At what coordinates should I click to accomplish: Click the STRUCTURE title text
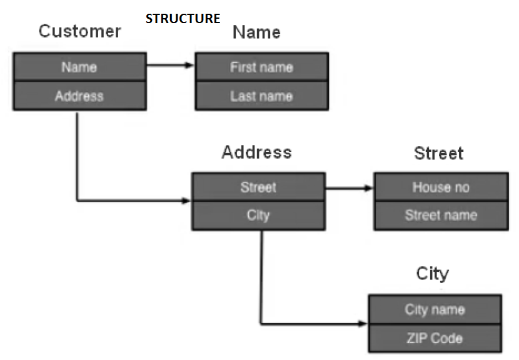183,19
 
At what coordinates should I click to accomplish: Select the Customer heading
79,31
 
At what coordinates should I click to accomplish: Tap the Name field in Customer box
79,67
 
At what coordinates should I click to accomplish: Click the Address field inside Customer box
79,96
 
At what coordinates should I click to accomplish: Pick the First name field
261,67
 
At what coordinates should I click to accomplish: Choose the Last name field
261,96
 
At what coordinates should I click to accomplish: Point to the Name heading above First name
256,32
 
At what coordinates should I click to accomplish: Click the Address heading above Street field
256,152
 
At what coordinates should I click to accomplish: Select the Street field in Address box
258,187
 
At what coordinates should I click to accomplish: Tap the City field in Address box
258,215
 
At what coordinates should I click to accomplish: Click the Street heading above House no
438,153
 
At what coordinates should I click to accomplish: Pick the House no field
440,187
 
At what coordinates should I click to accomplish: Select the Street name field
440,215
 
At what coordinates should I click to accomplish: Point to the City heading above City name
432,274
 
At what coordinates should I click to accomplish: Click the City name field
435,309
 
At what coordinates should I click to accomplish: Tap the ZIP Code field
435,339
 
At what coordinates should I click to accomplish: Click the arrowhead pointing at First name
190,64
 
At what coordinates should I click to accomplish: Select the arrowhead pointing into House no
369,187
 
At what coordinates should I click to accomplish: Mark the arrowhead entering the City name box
363,324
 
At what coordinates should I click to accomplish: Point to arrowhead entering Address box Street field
186,201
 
